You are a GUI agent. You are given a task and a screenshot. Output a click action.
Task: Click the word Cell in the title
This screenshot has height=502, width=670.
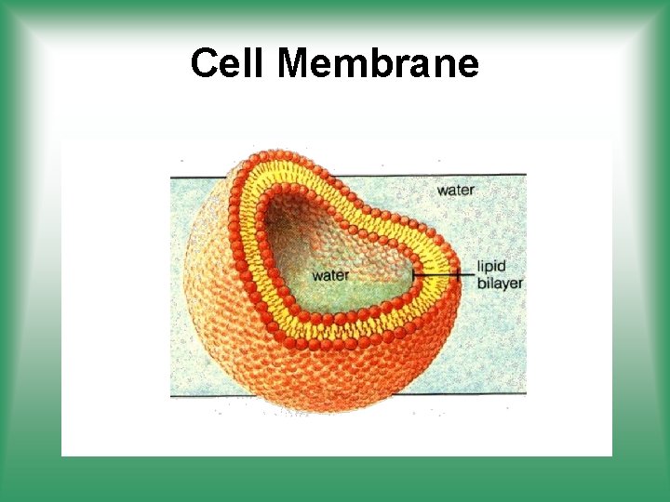(228, 64)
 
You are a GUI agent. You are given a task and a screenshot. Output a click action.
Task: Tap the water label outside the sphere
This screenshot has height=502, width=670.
(455, 191)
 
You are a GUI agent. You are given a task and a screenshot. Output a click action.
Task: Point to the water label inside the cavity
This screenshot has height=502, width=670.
(330, 275)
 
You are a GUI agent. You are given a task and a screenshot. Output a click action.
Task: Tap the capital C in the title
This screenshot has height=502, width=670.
(204, 64)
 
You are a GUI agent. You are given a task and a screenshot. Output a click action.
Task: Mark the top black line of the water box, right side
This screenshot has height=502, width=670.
(493, 174)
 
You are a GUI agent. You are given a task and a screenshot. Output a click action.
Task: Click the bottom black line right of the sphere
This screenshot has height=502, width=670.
(493, 393)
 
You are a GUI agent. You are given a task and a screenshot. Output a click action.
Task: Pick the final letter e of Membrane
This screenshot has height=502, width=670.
(468, 64)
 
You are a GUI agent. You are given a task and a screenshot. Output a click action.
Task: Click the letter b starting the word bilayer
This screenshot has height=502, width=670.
(482, 284)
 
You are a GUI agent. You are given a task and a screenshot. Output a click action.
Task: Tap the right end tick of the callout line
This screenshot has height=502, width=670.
(459, 274)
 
